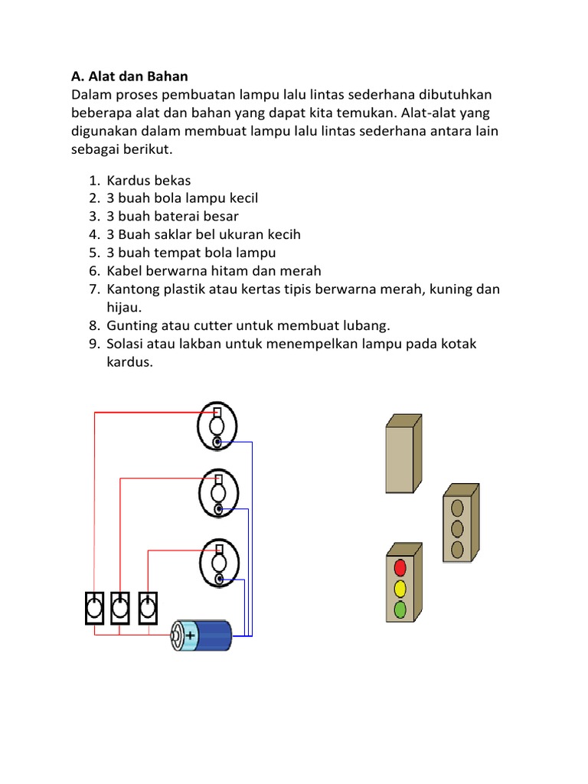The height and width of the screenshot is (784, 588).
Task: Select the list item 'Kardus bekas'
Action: pos(149,181)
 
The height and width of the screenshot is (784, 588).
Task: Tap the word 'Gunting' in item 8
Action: pos(131,325)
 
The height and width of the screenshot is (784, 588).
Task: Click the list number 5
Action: pos(94,253)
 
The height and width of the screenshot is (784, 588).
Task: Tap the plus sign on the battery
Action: pos(190,635)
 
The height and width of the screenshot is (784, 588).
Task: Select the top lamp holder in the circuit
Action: pos(217,426)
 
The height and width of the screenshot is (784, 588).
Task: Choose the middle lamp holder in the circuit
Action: pos(218,493)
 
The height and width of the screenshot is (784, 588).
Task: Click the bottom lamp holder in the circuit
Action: pos(218,561)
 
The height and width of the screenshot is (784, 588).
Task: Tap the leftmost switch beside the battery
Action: pos(94,608)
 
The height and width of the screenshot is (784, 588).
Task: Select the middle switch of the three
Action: pos(121,608)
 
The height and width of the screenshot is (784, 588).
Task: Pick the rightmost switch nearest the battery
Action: pos(148,608)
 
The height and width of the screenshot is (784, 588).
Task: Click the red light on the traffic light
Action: pos(400,567)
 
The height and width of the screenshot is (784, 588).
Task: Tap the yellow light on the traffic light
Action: pos(400,589)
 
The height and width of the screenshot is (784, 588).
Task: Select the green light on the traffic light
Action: pos(400,610)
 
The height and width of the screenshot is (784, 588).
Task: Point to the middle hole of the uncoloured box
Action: pos(458,528)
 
